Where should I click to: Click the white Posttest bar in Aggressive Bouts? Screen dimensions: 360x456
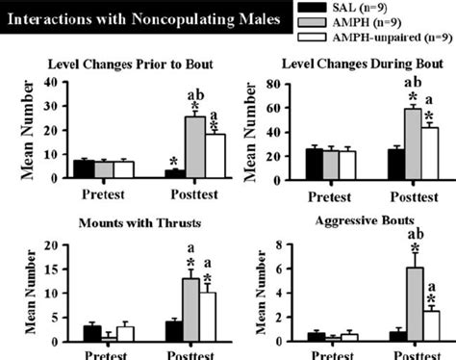pos(433,325)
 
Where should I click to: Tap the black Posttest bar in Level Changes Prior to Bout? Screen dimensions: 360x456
pos(175,173)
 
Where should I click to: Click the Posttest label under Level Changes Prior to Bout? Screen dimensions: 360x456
pos(193,191)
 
